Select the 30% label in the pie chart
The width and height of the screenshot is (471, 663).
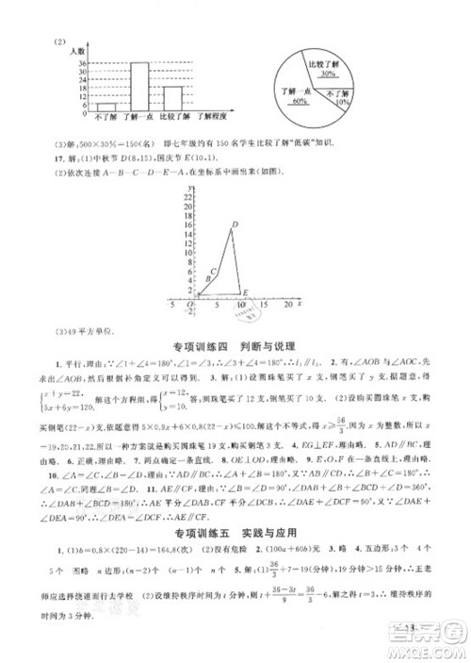329,73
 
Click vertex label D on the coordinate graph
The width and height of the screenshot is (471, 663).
234,224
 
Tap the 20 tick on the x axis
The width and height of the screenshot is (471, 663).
286,307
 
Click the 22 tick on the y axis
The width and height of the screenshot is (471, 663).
188,209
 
